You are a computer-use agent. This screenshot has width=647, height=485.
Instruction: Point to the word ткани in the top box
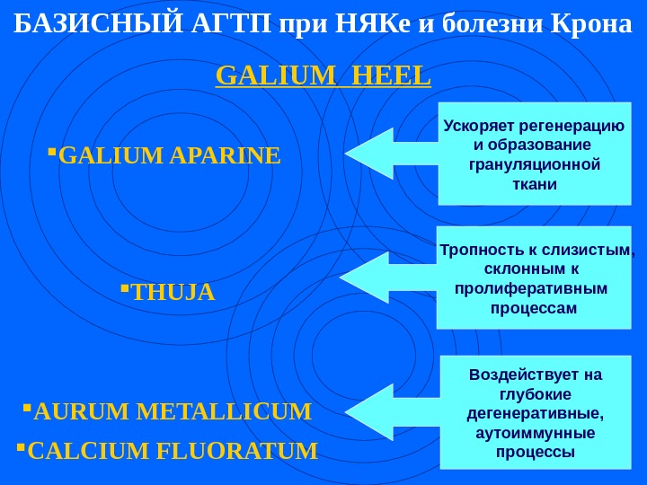pos(534,184)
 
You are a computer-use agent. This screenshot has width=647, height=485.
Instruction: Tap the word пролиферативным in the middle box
pos(532,289)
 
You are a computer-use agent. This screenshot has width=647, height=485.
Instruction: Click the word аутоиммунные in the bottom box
pos(535,432)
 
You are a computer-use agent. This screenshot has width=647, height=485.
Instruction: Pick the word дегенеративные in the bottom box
pos(535,412)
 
